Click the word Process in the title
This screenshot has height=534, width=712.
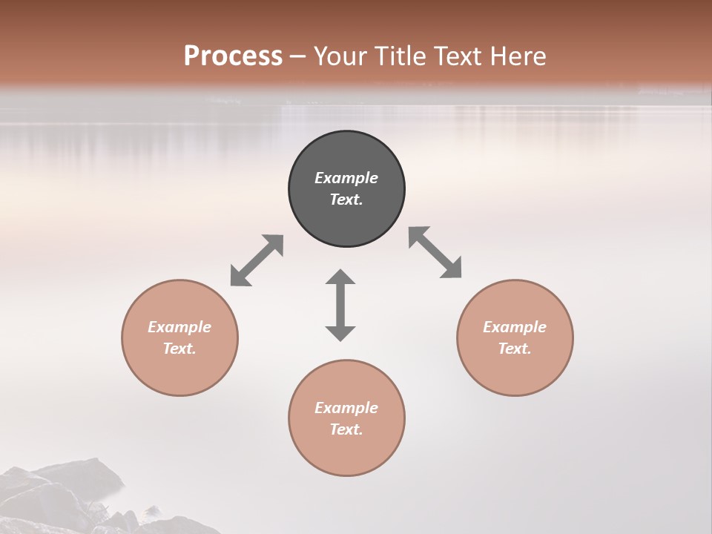point(233,56)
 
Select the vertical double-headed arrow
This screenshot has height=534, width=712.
point(340,305)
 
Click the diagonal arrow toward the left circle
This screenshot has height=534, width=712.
point(257,260)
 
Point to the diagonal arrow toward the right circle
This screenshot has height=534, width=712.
point(435,252)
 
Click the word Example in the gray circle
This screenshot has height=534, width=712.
point(346,178)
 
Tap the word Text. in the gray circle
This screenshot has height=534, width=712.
point(346,200)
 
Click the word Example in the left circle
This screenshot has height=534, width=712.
point(179,327)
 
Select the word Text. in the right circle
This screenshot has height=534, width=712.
point(515,349)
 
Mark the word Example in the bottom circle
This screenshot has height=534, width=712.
point(346,408)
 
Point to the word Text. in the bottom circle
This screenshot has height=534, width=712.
point(346,429)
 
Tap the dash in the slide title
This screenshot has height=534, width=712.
point(298,57)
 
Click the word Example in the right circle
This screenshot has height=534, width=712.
point(515,327)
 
